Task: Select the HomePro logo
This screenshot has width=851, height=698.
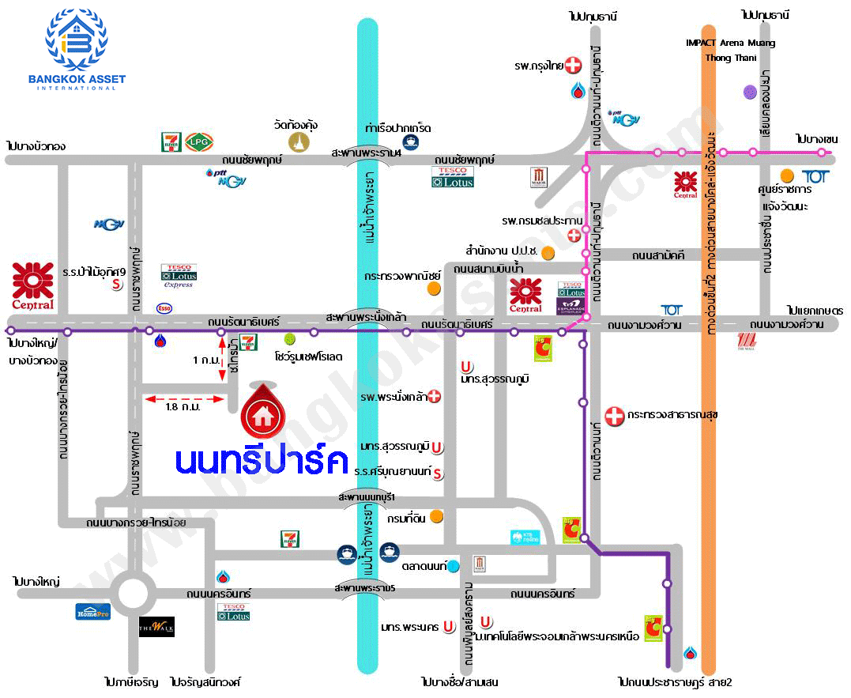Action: [x=92, y=611]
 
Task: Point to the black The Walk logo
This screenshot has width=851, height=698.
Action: [x=156, y=627]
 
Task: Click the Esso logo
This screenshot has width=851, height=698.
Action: [x=164, y=307]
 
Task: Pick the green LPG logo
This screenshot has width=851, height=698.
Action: [x=199, y=141]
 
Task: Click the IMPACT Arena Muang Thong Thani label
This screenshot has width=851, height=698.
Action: [x=730, y=50]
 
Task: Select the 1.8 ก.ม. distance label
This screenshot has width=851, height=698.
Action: [x=183, y=407]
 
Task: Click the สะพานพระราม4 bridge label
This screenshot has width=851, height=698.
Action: [x=367, y=153]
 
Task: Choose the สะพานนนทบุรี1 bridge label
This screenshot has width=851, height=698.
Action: [x=366, y=496]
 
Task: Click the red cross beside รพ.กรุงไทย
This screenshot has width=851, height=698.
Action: [x=572, y=66]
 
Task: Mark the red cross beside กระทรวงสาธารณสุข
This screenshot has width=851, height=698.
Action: [x=614, y=414]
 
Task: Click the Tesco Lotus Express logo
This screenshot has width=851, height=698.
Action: [x=179, y=276]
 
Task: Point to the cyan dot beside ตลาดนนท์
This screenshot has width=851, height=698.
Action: [x=454, y=566]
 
